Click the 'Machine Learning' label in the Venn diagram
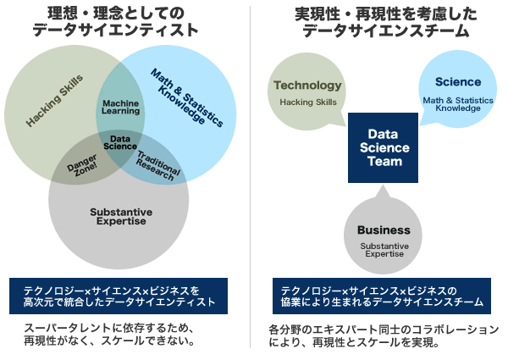(x=121, y=108)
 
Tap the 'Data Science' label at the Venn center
(x=120, y=142)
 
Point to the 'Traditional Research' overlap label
(x=157, y=165)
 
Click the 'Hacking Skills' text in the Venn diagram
(x=54, y=101)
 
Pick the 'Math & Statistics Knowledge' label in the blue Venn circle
(x=187, y=97)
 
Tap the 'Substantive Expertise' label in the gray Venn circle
(x=121, y=217)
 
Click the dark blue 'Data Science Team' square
(x=383, y=147)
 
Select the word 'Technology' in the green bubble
(x=308, y=86)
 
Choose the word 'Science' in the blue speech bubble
(x=458, y=82)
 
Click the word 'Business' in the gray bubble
(x=384, y=230)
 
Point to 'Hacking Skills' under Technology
(x=308, y=102)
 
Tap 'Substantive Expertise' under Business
(x=384, y=250)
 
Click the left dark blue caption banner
(x=119, y=296)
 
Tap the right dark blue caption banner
(x=382, y=296)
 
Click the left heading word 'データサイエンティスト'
(x=115, y=30)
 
